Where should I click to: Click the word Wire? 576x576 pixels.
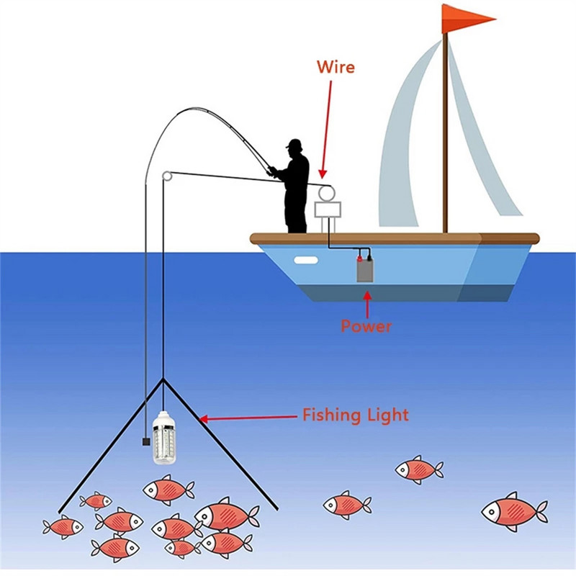[x=336, y=68]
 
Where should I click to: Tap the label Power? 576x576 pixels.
[x=366, y=326]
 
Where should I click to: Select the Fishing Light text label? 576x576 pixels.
[x=355, y=415]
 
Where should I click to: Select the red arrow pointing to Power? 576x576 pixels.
[x=367, y=302]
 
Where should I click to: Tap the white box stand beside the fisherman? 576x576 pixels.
[x=328, y=210]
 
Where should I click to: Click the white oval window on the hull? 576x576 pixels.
[x=304, y=260]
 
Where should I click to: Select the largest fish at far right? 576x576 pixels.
[x=513, y=511]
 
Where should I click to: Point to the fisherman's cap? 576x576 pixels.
[x=294, y=143]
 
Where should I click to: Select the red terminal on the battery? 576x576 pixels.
[x=359, y=256]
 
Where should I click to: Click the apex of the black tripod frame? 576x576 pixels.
[x=164, y=379]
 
